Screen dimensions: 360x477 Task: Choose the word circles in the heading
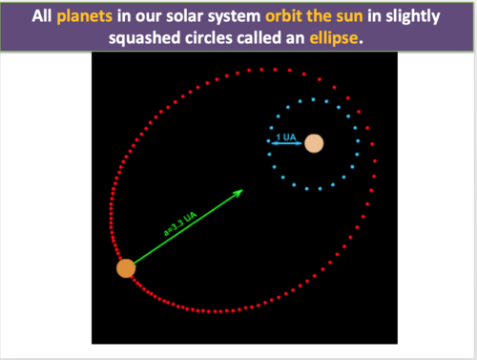click(219, 38)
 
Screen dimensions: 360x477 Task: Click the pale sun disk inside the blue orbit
click(314, 145)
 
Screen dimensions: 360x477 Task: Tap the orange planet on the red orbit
click(126, 268)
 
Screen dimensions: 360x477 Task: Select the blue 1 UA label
click(284, 138)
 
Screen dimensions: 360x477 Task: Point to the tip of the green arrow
click(242, 189)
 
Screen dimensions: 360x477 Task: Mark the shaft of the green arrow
click(186, 229)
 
